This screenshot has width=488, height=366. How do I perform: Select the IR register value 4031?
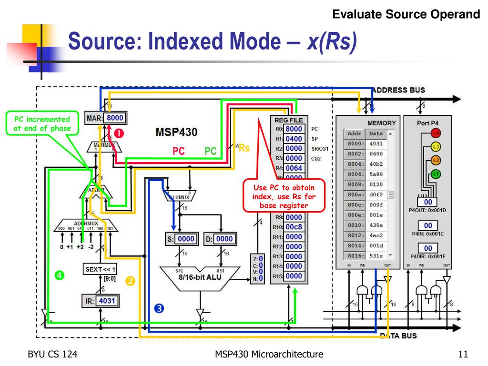click(107, 301)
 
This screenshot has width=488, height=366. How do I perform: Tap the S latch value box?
click(186, 239)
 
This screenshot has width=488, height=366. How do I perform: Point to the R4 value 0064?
click(294, 168)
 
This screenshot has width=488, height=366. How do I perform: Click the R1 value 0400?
click(294, 139)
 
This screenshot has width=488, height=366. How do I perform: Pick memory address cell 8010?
click(354, 225)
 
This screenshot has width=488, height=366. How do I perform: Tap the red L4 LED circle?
click(436, 133)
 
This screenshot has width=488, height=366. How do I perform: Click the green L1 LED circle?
click(436, 174)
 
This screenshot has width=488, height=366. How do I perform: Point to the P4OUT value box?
click(428, 203)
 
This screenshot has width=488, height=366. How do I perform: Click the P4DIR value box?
click(428, 248)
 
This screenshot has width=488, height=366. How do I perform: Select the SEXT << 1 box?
click(101, 269)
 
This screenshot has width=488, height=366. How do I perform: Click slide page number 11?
click(461, 354)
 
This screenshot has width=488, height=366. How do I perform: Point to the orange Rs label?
click(244, 148)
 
